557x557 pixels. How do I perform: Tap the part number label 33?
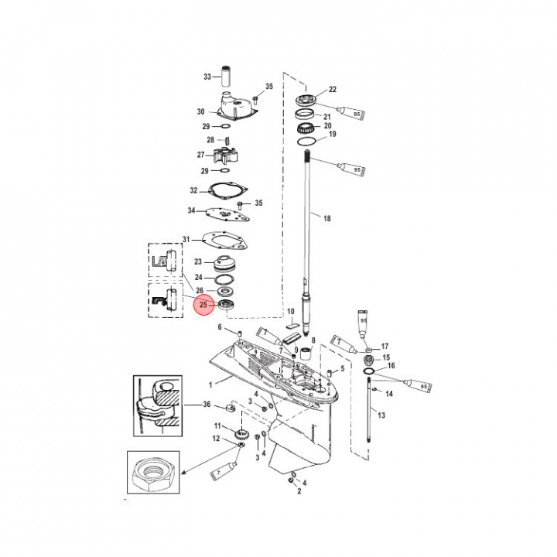click(207, 77)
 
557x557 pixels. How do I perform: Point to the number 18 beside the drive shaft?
click(326, 219)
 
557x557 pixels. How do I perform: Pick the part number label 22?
click(333, 89)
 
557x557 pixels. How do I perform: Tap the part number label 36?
click(206, 404)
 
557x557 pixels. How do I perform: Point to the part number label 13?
click(381, 415)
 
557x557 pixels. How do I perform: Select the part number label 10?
click(291, 312)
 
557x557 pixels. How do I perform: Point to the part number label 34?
click(191, 210)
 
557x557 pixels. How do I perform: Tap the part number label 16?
click(391, 366)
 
